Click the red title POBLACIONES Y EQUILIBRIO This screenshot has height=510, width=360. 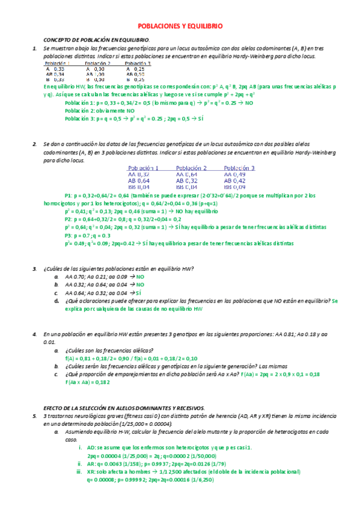180,26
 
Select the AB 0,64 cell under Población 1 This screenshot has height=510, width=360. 139,180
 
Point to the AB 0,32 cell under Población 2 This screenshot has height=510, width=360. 187,180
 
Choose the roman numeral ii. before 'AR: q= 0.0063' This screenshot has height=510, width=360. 80,463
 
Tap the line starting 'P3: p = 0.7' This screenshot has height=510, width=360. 87,236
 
